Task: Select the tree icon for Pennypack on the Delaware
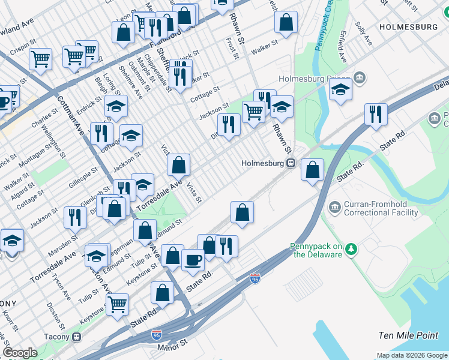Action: (354, 248)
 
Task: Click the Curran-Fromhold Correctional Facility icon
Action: (334, 208)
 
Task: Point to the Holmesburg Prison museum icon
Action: (359, 78)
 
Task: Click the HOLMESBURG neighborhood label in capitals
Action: (408, 27)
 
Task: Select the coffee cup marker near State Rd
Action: (193, 259)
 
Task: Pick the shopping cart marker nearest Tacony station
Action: (117, 304)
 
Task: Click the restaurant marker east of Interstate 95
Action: (376, 114)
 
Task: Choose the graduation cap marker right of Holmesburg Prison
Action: (340, 91)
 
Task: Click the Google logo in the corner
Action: (20, 353)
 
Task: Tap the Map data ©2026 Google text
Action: (412, 355)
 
